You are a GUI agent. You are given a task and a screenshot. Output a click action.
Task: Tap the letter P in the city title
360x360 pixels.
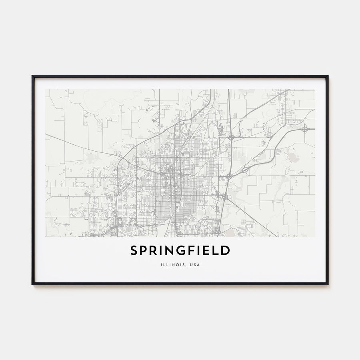144,250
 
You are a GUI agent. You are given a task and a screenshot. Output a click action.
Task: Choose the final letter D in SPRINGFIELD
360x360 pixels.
226,250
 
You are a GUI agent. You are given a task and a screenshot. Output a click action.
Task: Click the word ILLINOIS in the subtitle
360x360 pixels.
171,264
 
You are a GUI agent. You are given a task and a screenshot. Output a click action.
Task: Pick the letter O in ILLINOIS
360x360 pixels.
177,264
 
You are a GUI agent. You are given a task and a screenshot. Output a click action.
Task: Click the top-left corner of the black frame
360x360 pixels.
32,76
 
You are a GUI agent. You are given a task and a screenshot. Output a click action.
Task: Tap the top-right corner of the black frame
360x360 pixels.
328,76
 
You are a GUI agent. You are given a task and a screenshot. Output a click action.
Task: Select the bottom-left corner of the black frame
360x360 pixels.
32,284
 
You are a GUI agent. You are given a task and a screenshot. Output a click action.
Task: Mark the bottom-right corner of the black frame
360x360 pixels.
328,284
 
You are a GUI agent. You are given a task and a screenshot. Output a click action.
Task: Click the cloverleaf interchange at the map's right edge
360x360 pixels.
305,129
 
